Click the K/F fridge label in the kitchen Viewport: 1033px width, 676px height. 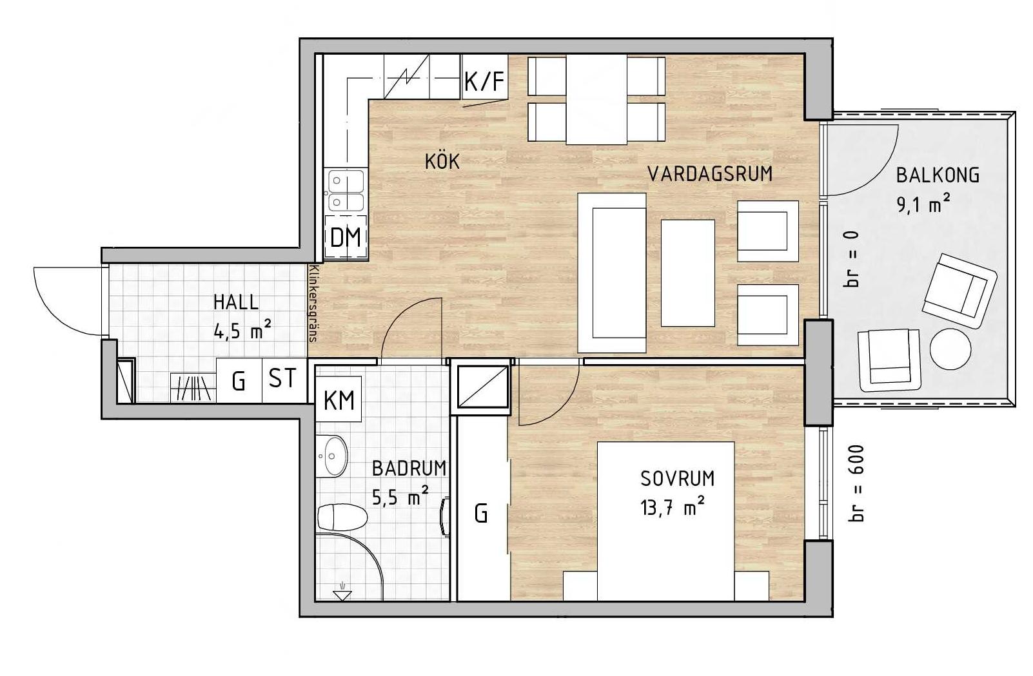coord(484,82)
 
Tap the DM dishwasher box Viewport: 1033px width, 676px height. coord(346,238)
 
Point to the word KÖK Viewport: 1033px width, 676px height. coord(442,161)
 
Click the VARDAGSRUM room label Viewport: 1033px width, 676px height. coord(710,174)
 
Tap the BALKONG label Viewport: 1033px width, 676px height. coord(938,175)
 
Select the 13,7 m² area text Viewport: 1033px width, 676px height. coord(673,508)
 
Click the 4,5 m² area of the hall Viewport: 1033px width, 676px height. coord(242,330)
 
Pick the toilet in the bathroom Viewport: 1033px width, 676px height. coord(342,517)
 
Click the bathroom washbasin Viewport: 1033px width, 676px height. coord(332,456)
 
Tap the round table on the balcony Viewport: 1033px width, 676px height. coord(950,349)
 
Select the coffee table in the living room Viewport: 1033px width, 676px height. coord(688,273)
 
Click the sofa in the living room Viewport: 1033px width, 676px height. coord(612,273)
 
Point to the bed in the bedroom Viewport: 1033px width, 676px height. coord(666,521)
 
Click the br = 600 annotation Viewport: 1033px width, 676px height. coord(856,483)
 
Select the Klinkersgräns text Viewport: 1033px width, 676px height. coord(314,304)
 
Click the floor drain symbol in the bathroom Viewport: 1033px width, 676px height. coord(342,592)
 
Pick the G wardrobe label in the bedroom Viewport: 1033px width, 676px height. coord(481,514)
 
